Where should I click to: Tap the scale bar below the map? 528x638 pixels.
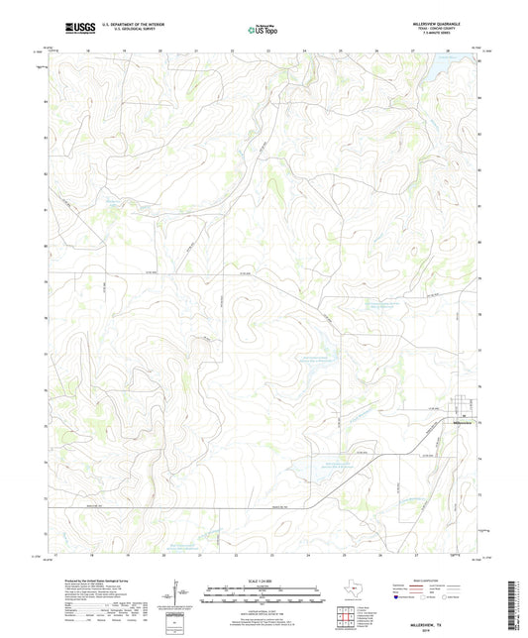click(263, 594)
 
